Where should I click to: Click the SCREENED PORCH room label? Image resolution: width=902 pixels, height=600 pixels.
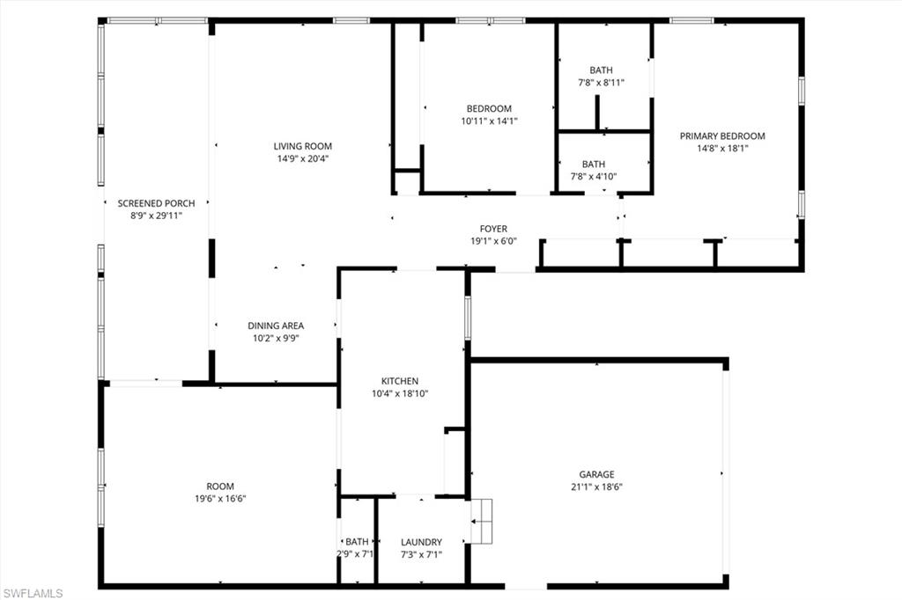[156, 203]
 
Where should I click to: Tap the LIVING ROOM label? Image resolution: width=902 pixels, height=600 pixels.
[303, 147]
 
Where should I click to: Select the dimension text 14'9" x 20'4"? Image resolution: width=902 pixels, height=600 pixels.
[303, 158]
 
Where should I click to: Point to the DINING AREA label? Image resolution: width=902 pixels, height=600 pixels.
[276, 326]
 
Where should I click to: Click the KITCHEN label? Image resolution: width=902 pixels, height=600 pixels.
[400, 381]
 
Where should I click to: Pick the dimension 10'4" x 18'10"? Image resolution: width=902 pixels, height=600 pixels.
[400, 393]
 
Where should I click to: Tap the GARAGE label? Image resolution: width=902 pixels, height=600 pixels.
[596, 475]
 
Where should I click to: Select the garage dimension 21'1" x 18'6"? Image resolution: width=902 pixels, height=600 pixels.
[596, 487]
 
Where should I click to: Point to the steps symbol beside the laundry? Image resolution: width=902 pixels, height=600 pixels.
[482, 522]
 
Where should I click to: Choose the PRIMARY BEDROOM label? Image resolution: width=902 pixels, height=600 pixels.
[722, 136]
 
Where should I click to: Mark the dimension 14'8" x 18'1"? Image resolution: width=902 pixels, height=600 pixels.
[722, 149]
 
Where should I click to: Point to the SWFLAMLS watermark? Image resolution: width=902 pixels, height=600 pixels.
[33, 593]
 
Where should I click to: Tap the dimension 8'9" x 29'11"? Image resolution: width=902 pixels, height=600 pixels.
[156, 216]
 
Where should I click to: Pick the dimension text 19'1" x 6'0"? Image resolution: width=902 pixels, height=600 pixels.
[493, 241]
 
